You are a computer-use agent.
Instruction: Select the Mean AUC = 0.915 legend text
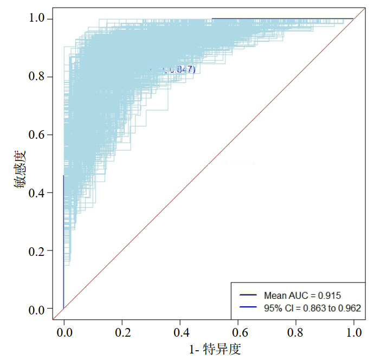pyautogui.click(x=302, y=295)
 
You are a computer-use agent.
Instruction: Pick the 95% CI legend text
pyautogui.click(x=312, y=307)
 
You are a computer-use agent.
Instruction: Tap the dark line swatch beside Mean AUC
pyautogui.click(x=248, y=295)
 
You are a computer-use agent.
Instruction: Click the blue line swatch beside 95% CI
pyautogui.click(x=248, y=307)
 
